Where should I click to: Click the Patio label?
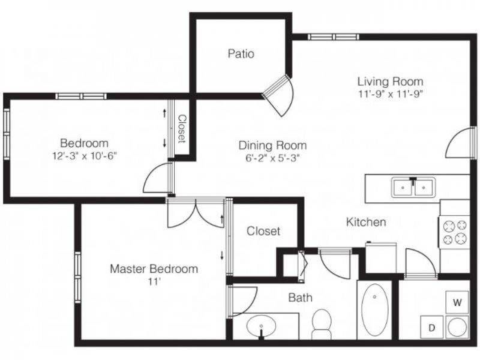tap(241, 53)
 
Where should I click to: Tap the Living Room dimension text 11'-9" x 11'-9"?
tap(391, 94)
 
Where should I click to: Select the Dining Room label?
tap(272, 145)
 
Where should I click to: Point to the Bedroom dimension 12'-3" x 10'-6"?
tap(85, 156)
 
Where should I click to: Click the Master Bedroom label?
tap(154, 269)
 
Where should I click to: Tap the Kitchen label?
tap(366, 221)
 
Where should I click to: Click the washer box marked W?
tap(457, 302)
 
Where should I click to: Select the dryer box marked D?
tap(431, 328)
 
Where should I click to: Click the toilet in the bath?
tap(322, 323)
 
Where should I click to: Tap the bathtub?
tap(374, 310)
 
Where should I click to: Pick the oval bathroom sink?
tap(261, 326)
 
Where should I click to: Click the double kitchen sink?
tap(413, 187)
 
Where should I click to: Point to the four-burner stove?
tap(455, 232)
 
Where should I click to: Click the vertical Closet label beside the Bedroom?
tap(182, 128)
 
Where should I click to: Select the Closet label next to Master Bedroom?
tap(263, 231)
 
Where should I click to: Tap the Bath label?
tap(301, 298)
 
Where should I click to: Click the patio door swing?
tap(279, 95)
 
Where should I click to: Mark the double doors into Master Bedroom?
tap(196, 213)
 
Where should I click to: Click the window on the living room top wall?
tap(334, 37)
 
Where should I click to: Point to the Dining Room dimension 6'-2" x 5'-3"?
tap(272, 158)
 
